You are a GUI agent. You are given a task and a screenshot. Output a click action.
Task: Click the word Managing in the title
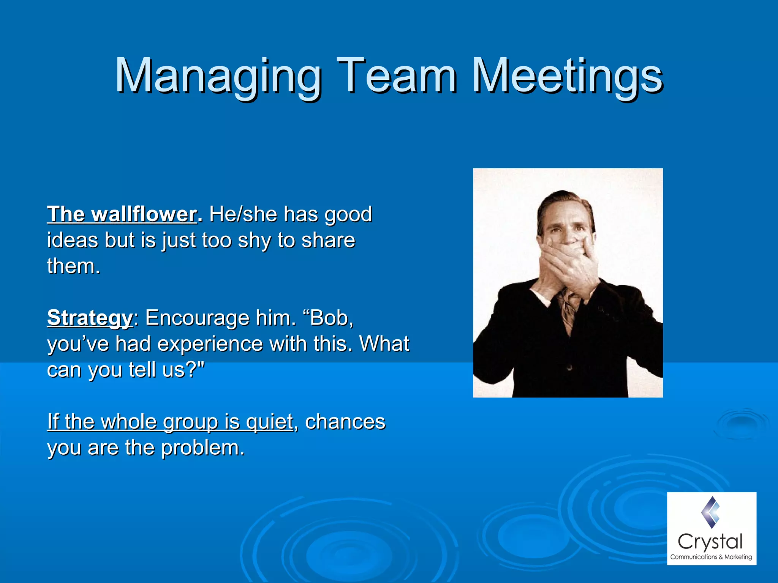(x=218, y=76)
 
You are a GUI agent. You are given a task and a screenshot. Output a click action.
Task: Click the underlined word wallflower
(x=144, y=214)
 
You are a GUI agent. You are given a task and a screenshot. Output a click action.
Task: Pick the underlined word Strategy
(x=90, y=318)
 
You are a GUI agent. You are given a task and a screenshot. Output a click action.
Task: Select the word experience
(x=210, y=344)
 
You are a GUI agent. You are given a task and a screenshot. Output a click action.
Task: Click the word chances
(x=345, y=422)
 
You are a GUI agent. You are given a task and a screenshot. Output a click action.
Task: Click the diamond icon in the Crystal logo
(x=711, y=512)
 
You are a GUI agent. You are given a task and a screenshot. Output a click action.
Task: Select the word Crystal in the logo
(x=710, y=542)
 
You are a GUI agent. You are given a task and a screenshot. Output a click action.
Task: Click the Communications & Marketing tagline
(x=711, y=557)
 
